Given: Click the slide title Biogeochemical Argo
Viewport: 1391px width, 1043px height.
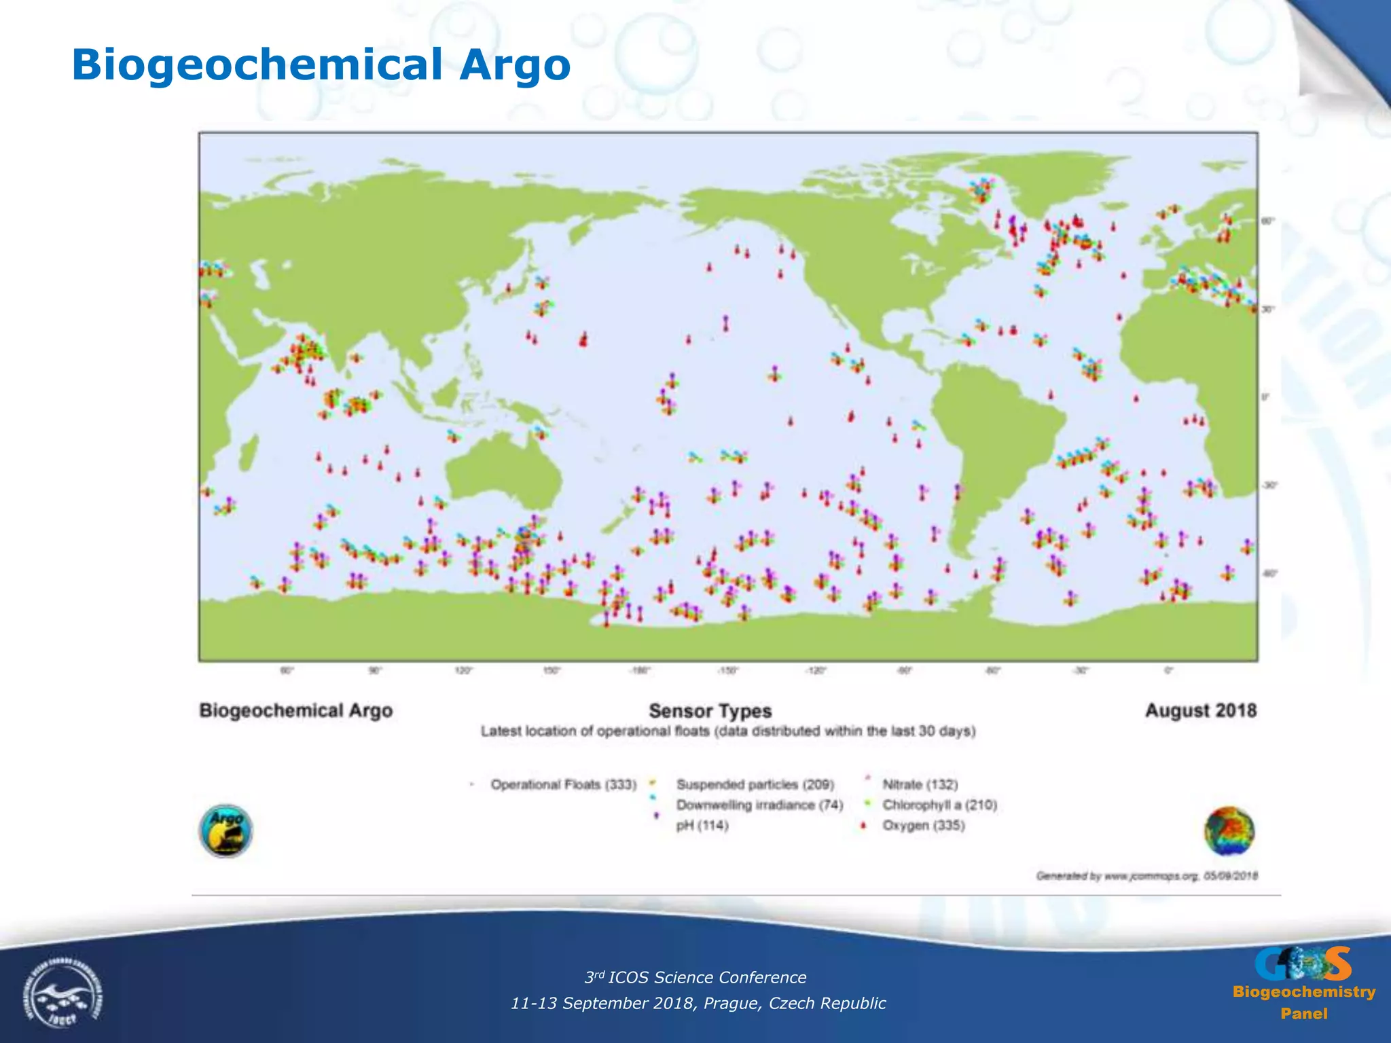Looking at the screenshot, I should (x=321, y=65).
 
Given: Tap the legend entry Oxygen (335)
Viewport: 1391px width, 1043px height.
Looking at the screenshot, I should (x=923, y=826).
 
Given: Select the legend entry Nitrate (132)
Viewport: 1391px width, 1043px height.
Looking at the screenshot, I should (x=920, y=785).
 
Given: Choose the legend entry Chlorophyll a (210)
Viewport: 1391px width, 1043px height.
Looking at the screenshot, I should (x=939, y=805).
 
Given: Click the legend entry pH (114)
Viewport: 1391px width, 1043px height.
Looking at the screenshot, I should (x=702, y=826).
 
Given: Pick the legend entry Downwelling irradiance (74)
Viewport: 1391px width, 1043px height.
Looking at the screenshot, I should (x=759, y=805).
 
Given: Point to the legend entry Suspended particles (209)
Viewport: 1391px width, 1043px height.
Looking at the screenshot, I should (x=755, y=785).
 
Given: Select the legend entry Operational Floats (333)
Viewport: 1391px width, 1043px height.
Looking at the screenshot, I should (x=563, y=785).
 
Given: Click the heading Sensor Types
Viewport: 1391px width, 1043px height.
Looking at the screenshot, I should (x=710, y=711).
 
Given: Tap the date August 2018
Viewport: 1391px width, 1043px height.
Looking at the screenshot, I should (x=1200, y=711).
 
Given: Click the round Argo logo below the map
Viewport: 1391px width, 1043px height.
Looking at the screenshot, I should (x=225, y=831).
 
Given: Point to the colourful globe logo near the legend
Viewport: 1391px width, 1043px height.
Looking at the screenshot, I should (x=1229, y=831).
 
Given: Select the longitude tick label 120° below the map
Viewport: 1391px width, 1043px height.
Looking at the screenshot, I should (x=463, y=671).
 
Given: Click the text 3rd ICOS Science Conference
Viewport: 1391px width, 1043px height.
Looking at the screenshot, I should (x=695, y=977).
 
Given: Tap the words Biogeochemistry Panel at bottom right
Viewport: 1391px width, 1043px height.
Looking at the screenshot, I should (x=1303, y=1002).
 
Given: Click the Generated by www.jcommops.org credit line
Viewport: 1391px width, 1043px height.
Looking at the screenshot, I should (x=1146, y=876).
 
